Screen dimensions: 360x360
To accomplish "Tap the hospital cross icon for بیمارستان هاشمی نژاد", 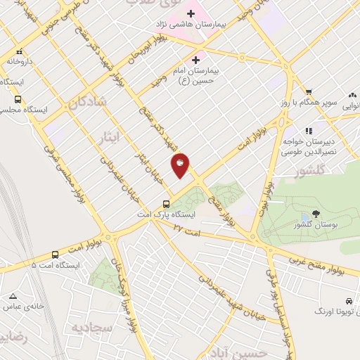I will [x=191, y=13].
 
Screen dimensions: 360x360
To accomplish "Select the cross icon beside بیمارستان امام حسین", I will [x=195, y=60].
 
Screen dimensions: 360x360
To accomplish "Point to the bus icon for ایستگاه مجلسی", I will [x=18, y=99].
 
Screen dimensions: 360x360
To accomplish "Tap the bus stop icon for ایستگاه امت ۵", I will [x=55, y=255].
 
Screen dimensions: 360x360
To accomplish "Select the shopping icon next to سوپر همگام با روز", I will [x=308, y=92].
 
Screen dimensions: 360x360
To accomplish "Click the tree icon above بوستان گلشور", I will [x=314, y=214].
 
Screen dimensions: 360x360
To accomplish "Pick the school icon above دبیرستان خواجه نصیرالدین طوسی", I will [x=308, y=130].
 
